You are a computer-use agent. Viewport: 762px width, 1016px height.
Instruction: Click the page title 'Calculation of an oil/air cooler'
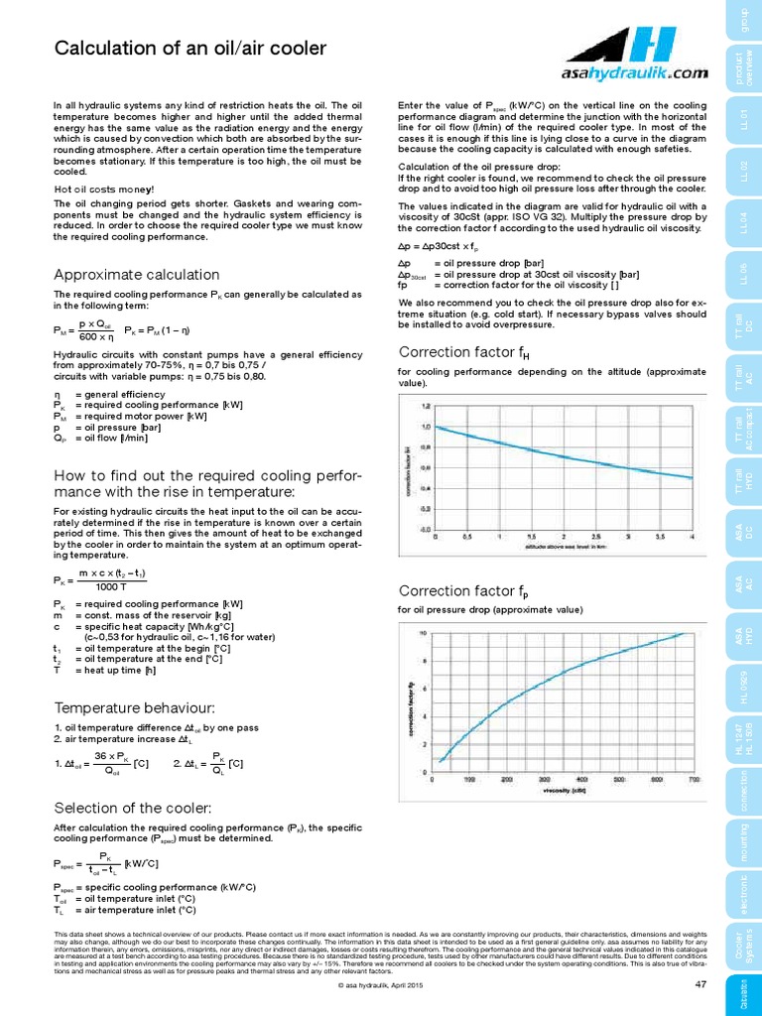(x=189, y=49)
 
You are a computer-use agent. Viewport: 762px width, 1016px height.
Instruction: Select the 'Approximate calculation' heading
(x=136, y=274)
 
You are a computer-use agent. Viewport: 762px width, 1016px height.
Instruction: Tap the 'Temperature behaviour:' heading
(x=135, y=707)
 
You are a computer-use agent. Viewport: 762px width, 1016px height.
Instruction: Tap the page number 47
(x=699, y=983)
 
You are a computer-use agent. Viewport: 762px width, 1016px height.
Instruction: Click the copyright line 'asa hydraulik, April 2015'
(x=380, y=984)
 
